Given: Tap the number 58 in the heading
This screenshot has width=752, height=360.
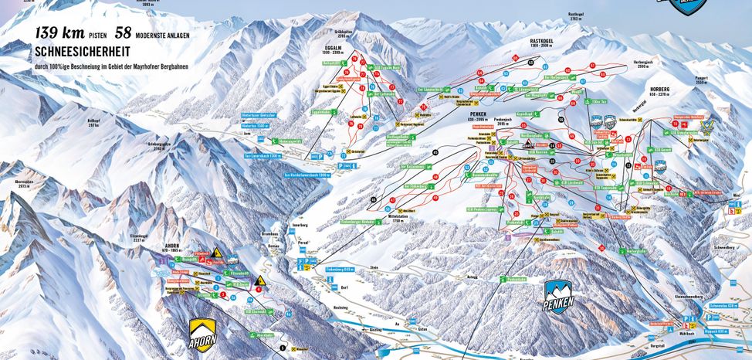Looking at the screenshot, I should tap(124, 33).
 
